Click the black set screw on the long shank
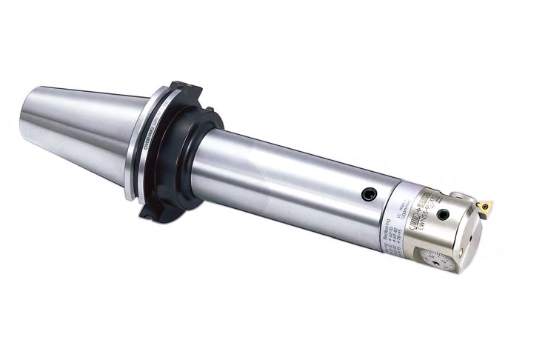pos(368,194)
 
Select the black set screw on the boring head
pos(442,215)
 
